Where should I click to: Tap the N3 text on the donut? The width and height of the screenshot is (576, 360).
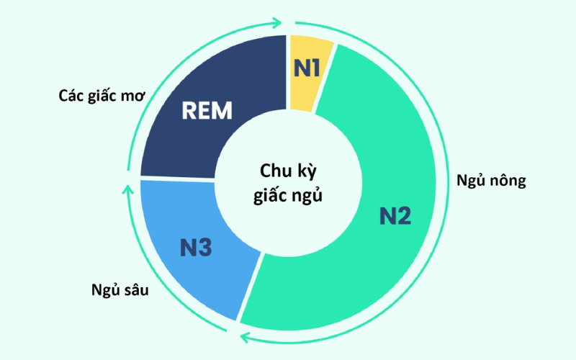tap(196, 248)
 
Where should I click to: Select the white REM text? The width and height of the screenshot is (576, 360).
tap(207, 112)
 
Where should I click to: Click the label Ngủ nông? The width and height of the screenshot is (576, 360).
tap(491, 180)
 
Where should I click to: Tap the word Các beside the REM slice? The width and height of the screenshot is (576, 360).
tap(71, 95)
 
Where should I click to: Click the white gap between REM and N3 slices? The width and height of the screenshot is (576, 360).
tap(176, 179)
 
